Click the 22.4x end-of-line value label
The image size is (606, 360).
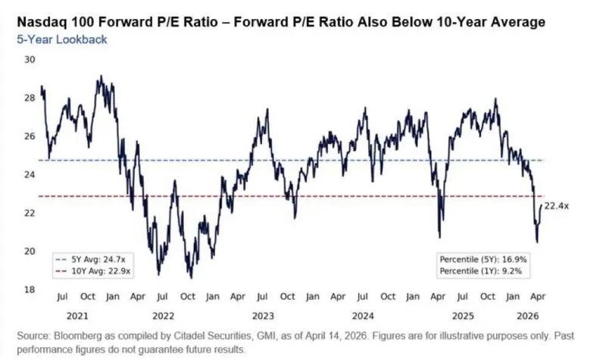[x=557, y=205]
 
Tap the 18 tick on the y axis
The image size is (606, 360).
[x=30, y=290]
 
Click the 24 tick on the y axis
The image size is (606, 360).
[x=30, y=174]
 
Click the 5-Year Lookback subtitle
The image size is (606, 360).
[x=61, y=39]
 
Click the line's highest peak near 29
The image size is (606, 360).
[x=101, y=76]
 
